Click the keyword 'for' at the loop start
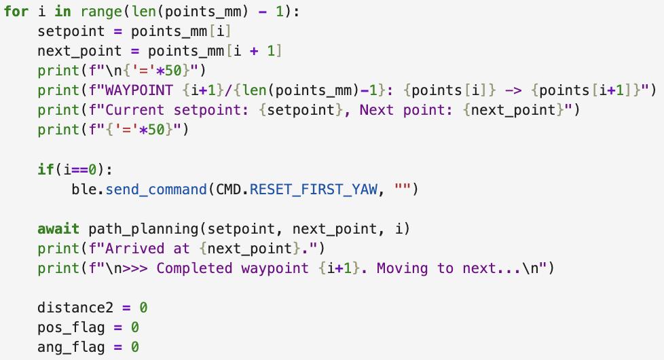(16, 12)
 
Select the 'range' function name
(102, 12)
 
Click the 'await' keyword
(58, 229)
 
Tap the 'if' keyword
(45, 169)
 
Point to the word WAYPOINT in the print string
(139, 90)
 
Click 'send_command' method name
(156, 190)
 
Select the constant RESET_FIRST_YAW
(314, 190)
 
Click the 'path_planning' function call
(143, 229)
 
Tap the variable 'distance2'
(75, 308)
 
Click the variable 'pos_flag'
(71, 327)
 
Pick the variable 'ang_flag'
(71, 347)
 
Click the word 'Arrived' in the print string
(134, 248)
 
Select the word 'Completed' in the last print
(194, 268)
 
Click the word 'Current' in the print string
(134, 109)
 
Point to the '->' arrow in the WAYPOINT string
(513, 90)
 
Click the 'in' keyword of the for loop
(62, 12)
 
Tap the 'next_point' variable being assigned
(79, 51)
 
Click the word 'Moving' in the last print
(403, 268)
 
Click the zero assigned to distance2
(143, 308)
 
